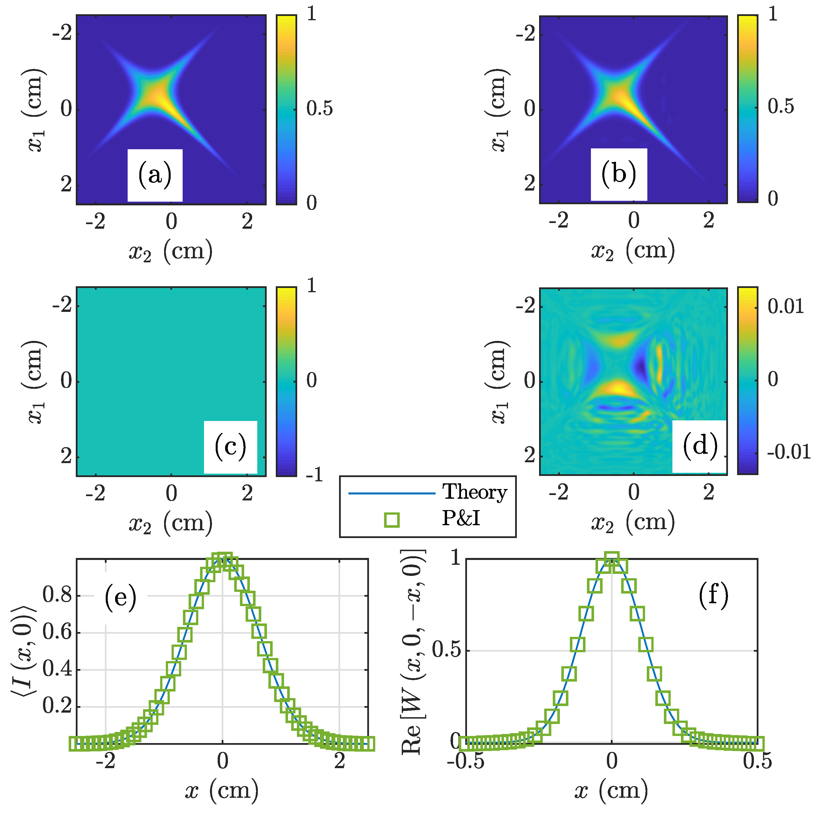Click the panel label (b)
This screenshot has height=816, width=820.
[x=618, y=174]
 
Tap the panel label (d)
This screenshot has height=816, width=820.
[x=700, y=446]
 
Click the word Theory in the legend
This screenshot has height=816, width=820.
[x=474, y=492]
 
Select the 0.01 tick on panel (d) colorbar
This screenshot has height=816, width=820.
[x=786, y=306]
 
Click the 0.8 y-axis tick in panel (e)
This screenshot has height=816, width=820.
[x=57, y=595]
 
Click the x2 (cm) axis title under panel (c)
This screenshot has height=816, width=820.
[x=171, y=523]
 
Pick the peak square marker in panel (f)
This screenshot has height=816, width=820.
[x=611, y=559]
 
